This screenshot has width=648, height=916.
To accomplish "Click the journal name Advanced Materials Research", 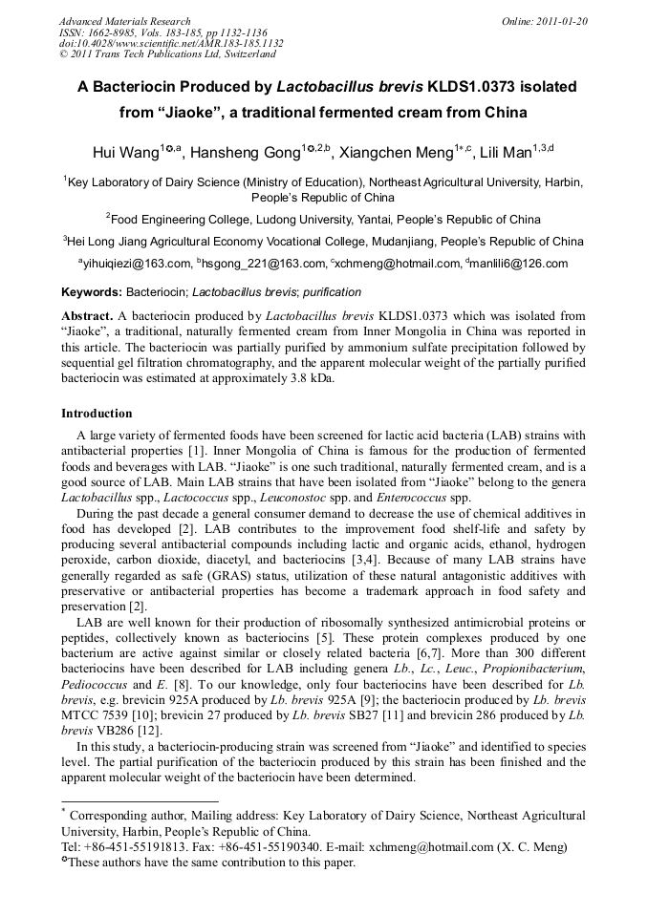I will tap(125, 21).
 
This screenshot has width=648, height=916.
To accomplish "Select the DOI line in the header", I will tap(171, 43).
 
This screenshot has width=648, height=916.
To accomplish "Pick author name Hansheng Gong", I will tap(248, 152).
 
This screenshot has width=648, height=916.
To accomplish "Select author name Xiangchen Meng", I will tap(414, 152).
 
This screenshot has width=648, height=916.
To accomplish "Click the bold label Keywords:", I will tap(92, 291).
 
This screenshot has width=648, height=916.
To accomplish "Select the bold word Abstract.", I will tap(86, 314).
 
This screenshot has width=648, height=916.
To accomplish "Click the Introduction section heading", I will tap(97, 414).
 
